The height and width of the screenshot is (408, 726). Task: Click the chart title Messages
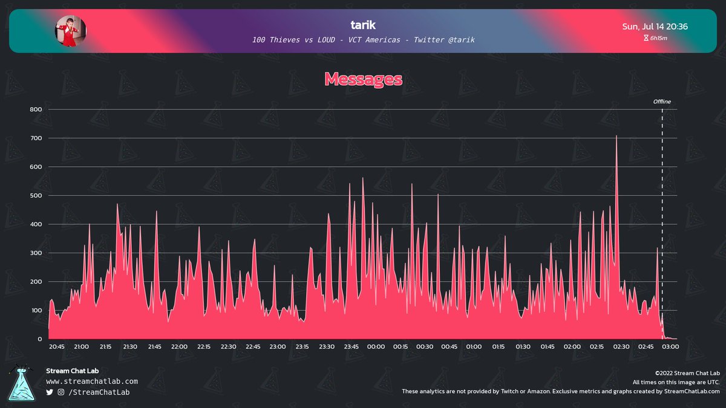pyautogui.click(x=363, y=79)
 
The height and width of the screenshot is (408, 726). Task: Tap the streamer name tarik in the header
pyautogui.click(x=363, y=25)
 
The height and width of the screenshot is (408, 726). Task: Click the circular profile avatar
pyautogui.click(x=71, y=31)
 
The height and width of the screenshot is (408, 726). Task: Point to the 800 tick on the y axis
pyautogui.click(x=36, y=109)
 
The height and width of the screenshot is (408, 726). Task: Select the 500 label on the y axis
pyautogui.click(x=36, y=196)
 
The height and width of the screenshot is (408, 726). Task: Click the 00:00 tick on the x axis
pyautogui.click(x=376, y=347)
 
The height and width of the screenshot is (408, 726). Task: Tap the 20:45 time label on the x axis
pyautogui.click(x=57, y=347)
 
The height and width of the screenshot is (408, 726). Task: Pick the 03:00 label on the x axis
pyautogui.click(x=670, y=347)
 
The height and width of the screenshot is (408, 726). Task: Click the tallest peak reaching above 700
pyautogui.click(x=616, y=137)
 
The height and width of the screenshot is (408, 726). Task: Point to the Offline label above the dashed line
pyautogui.click(x=662, y=102)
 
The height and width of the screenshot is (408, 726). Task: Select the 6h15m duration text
pyautogui.click(x=659, y=38)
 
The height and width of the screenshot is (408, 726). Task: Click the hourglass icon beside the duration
pyautogui.click(x=646, y=38)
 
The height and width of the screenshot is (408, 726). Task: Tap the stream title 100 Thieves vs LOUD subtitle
pyautogui.click(x=363, y=40)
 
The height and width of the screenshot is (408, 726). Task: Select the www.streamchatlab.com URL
pyautogui.click(x=92, y=381)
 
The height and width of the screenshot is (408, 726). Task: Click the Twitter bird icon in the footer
pyautogui.click(x=50, y=392)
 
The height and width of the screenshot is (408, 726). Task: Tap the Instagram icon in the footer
pyautogui.click(x=61, y=392)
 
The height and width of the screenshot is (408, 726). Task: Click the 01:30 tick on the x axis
pyautogui.click(x=523, y=347)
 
